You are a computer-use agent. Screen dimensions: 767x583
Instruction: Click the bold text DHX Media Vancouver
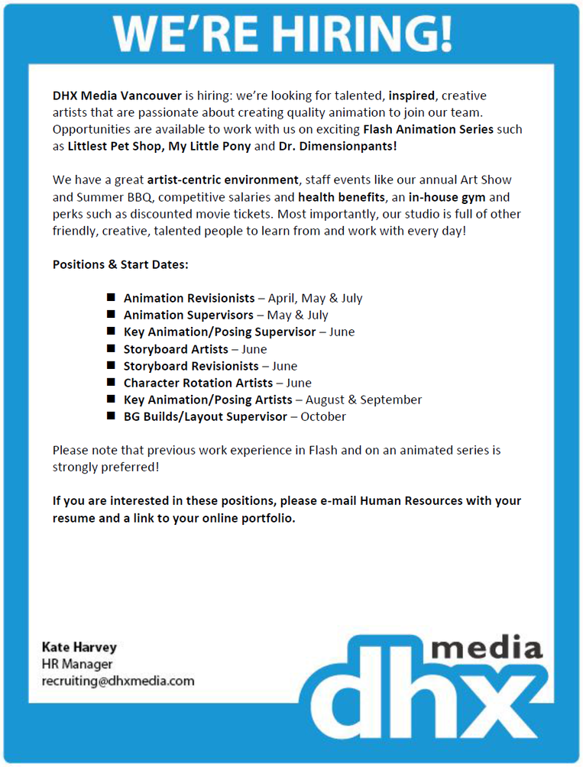tap(117, 95)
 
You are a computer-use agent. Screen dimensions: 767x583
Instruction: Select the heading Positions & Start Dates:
tap(120, 264)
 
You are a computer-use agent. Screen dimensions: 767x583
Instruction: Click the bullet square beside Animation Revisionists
tap(111, 297)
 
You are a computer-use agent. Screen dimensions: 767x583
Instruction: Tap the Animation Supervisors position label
tap(188, 315)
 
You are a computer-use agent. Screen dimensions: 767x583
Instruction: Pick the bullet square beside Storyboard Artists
tap(111, 348)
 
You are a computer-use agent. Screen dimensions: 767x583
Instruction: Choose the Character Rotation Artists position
tap(198, 383)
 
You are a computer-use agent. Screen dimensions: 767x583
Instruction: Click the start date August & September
tap(364, 400)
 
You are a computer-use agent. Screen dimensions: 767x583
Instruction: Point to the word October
tap(323, 416)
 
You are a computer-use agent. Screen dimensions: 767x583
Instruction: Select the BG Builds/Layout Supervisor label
tap(206, 416)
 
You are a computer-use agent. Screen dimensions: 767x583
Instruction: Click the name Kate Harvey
tap(79, 647)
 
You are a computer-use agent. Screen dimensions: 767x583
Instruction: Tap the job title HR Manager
tap(77, 664)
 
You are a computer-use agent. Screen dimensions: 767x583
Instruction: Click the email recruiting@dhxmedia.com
tap(118, 681)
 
